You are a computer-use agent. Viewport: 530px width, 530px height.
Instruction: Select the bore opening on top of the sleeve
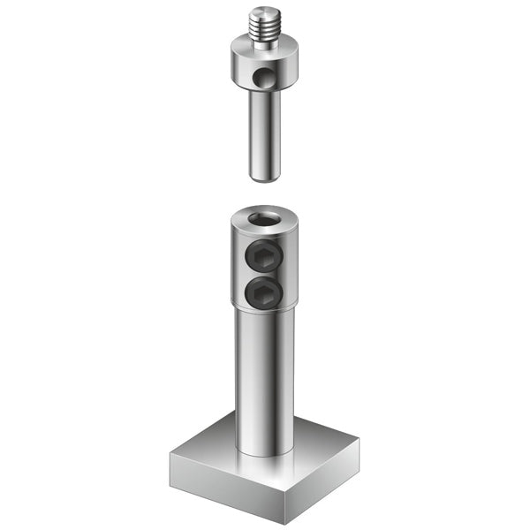(264, 218)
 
